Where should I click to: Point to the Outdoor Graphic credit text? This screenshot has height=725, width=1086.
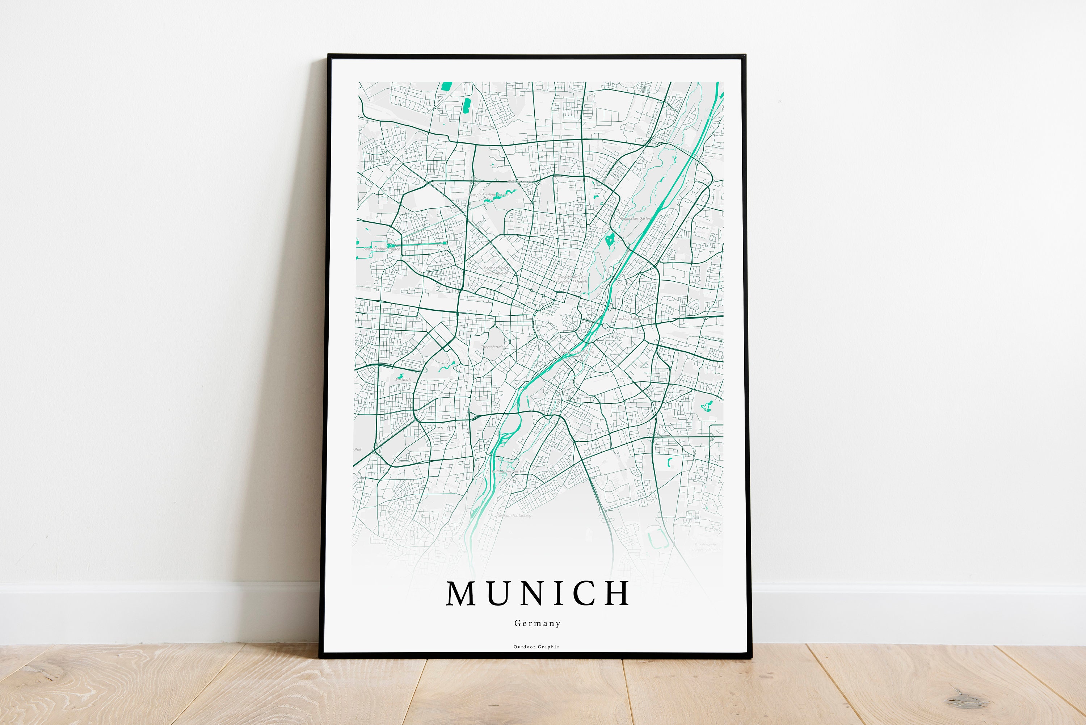pyautogui.click(x=536, y=647)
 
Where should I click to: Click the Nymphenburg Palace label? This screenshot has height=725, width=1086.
pyautogui.click(x=382, y=249)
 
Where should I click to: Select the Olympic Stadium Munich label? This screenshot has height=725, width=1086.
pyautogui.click(x=488, y=195)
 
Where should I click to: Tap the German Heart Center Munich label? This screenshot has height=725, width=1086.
pyautogui.click(x=496, y=271)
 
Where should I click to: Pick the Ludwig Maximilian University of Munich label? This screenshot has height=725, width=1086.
pyautogui.click(x=570, y=279)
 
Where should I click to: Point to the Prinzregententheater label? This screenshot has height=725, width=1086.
pyautogui.click(x=632, y=319)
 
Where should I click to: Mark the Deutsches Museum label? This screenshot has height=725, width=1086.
pyautogui.click(x=577, y=352)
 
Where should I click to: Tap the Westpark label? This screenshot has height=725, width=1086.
pyautogui.click(x=403, y=380)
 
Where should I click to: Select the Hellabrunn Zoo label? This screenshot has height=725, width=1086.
pyautogui.click(x=505, y=472)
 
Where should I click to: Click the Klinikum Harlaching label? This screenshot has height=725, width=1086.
pyautogui.click(x=514, y=515)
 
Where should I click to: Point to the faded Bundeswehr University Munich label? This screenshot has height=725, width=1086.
pyautogui.click(x=706, y=548)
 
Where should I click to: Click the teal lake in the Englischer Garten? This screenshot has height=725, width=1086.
pyautogui.click(x=610, y=239)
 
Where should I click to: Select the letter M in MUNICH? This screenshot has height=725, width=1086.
pyautogui.click(x=461, y=593)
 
